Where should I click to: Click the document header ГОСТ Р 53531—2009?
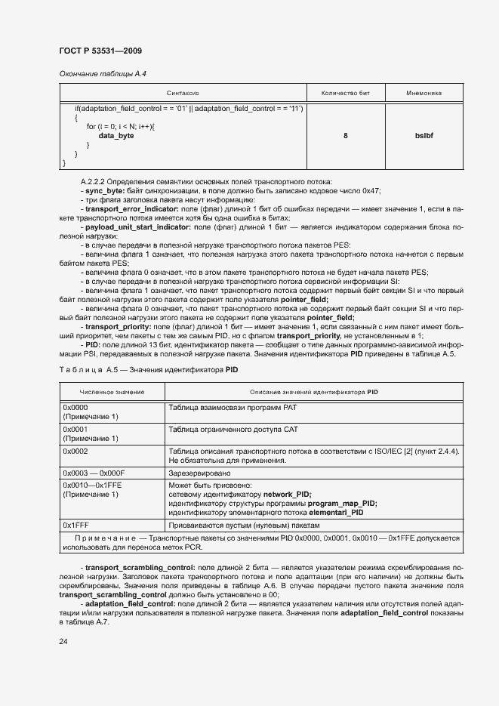coord(100,51)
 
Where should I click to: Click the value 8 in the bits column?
coord(345,136)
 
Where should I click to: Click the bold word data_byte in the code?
coord(116,135)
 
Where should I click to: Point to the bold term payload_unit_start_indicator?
coord(138,226)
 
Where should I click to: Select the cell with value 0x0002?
coord(75,451)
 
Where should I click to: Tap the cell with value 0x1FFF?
coord(75,523)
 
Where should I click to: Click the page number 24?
coord(63,642)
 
